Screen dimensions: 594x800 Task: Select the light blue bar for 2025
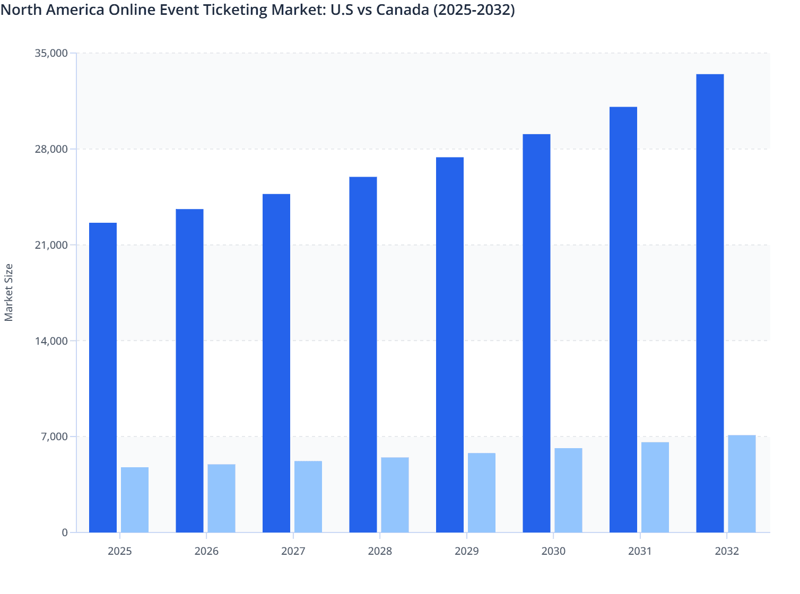(135, 500)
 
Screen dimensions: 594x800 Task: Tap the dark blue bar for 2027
(276, 363)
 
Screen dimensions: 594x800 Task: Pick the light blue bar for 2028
(395, 495)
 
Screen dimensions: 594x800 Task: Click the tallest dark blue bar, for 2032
(710, 303)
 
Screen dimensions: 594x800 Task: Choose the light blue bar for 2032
(742, 484)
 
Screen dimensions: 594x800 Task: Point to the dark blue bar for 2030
(536, 333)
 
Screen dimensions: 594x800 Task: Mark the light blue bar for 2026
(221, 498)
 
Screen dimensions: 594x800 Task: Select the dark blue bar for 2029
(450, 345)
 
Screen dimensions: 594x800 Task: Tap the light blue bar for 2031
(655, 487)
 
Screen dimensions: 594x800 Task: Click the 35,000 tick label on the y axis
(51, 53)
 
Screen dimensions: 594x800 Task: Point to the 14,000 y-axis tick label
(51, 341)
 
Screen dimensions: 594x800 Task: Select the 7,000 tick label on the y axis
(54, 436)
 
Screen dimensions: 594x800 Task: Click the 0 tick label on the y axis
(65, 532)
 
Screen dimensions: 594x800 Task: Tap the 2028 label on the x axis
(380, 551)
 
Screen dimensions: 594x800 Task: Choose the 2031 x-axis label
(640, 551)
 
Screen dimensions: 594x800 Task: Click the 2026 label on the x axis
(206, 551)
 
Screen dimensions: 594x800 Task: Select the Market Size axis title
(9, 292)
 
